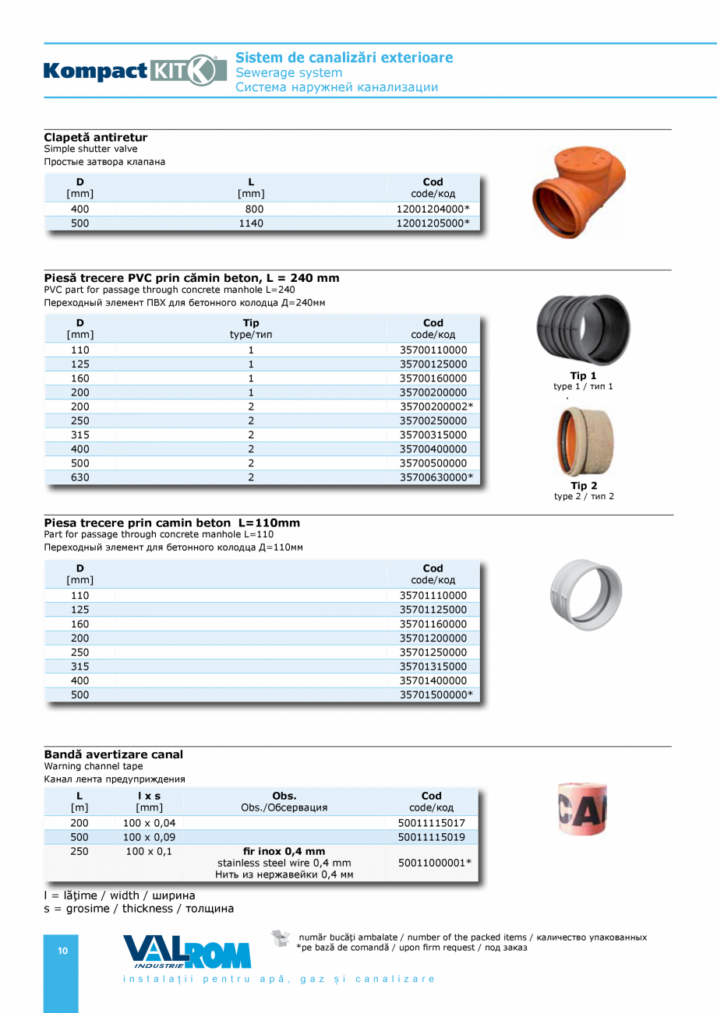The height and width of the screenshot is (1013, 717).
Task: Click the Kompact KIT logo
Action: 135,71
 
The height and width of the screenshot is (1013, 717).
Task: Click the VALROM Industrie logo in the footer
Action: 187,951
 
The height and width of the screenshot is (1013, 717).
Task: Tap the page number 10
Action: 63,951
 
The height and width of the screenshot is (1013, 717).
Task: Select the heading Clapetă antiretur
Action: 96,138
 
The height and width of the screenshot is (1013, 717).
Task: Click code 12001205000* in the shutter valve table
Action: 433,223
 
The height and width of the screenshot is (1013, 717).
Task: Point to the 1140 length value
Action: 251,223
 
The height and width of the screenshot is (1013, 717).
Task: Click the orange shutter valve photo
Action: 578,192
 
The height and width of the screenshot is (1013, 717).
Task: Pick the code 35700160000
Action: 433,378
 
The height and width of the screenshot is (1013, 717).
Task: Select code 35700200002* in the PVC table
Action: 436,406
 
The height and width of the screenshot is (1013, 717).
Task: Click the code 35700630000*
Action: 436,477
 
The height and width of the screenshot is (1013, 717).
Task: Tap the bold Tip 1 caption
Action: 583,376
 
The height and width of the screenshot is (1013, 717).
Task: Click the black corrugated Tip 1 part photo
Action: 584,329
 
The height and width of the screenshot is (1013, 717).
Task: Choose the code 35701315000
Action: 433,667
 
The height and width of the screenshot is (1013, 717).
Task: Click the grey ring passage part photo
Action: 585,594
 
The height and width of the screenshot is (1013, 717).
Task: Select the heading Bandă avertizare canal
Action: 114,754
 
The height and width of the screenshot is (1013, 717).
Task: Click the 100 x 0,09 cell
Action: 150,837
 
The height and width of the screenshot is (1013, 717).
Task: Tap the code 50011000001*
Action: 434,863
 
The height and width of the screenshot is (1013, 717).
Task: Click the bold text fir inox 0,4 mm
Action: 284,851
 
